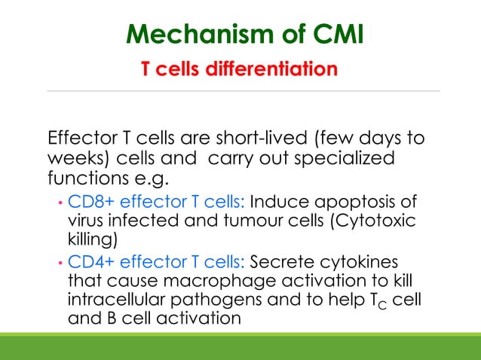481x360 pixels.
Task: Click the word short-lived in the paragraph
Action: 259,139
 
